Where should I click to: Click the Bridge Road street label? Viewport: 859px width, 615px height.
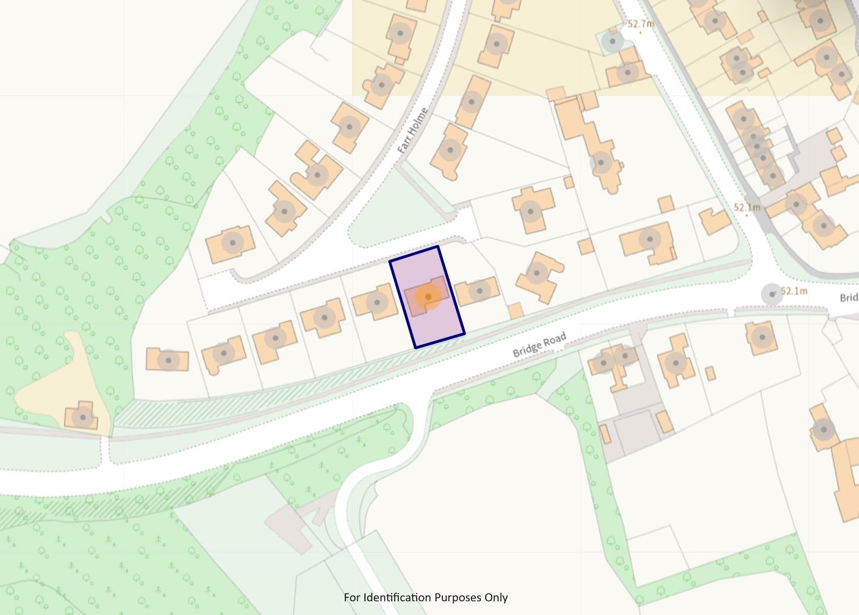point(539,345)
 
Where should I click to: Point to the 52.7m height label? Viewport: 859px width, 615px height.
point(640,24)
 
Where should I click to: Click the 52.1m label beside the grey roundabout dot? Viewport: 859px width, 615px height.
point(794,291)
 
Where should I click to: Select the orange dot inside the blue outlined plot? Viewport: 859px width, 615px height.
point(427,297)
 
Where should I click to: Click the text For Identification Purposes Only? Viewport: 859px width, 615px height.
point(426,597)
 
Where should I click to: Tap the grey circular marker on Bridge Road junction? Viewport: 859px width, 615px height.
point(772,294)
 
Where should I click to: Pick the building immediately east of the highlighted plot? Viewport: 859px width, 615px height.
point(477,291)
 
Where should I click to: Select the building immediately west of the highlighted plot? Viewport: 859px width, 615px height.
point(375,302)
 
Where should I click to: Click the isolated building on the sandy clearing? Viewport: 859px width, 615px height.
point(81,417)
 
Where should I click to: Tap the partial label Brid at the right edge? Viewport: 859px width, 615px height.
point(849,297)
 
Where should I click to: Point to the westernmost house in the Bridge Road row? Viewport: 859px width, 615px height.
point(168,359)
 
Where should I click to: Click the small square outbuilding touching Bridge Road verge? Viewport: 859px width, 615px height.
point(515,310)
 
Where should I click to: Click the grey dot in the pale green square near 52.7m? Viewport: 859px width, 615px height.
point(611,42)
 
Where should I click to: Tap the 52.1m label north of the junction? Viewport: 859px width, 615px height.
point(747,207)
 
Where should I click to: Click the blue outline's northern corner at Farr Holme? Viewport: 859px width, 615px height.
point(438,247)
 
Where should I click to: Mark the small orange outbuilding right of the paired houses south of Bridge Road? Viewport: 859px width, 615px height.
point(710,373)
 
